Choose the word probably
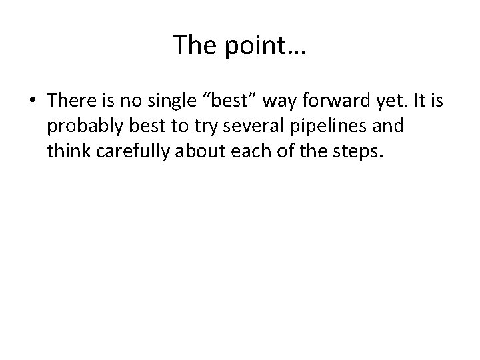[x=81, y=127]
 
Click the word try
[x=197, y=127]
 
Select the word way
[x=279, y=101]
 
